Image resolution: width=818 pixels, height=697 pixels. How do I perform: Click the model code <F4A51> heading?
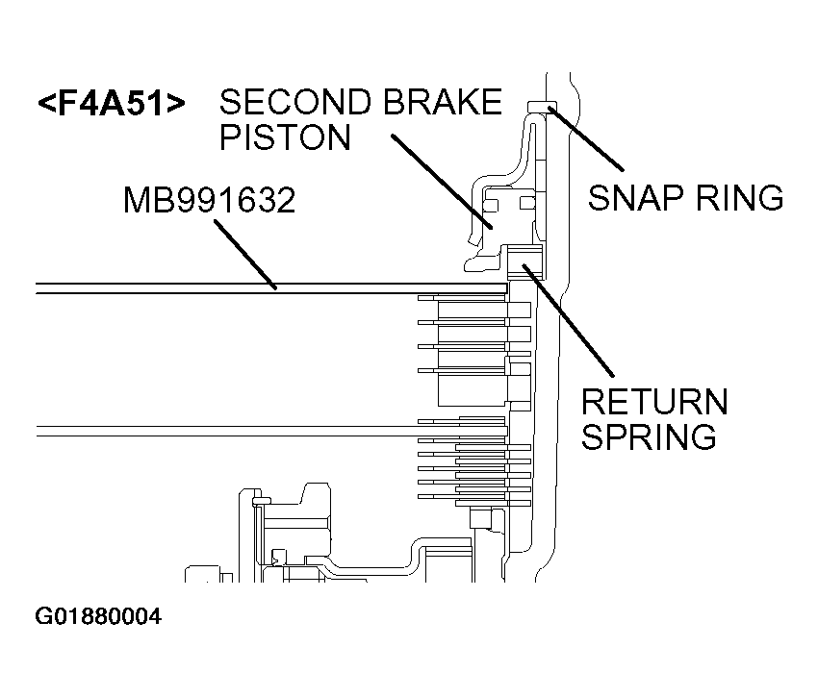point(111,104)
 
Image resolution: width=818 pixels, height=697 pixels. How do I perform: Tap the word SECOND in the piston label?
point(288,102)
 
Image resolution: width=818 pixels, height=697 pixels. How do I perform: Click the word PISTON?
point(285,138)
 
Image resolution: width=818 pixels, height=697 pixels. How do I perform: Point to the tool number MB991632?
point(209,201)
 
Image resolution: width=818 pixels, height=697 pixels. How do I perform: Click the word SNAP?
point(636,198)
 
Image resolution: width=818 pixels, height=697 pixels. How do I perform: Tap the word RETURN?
point(654,401)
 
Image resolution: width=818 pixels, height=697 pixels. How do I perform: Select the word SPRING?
point(650,436)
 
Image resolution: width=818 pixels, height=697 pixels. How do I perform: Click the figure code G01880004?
point(98,616)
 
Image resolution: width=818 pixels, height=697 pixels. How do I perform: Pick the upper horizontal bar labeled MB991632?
point(269,288)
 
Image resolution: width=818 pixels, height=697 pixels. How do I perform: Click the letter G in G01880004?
point(43,616)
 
